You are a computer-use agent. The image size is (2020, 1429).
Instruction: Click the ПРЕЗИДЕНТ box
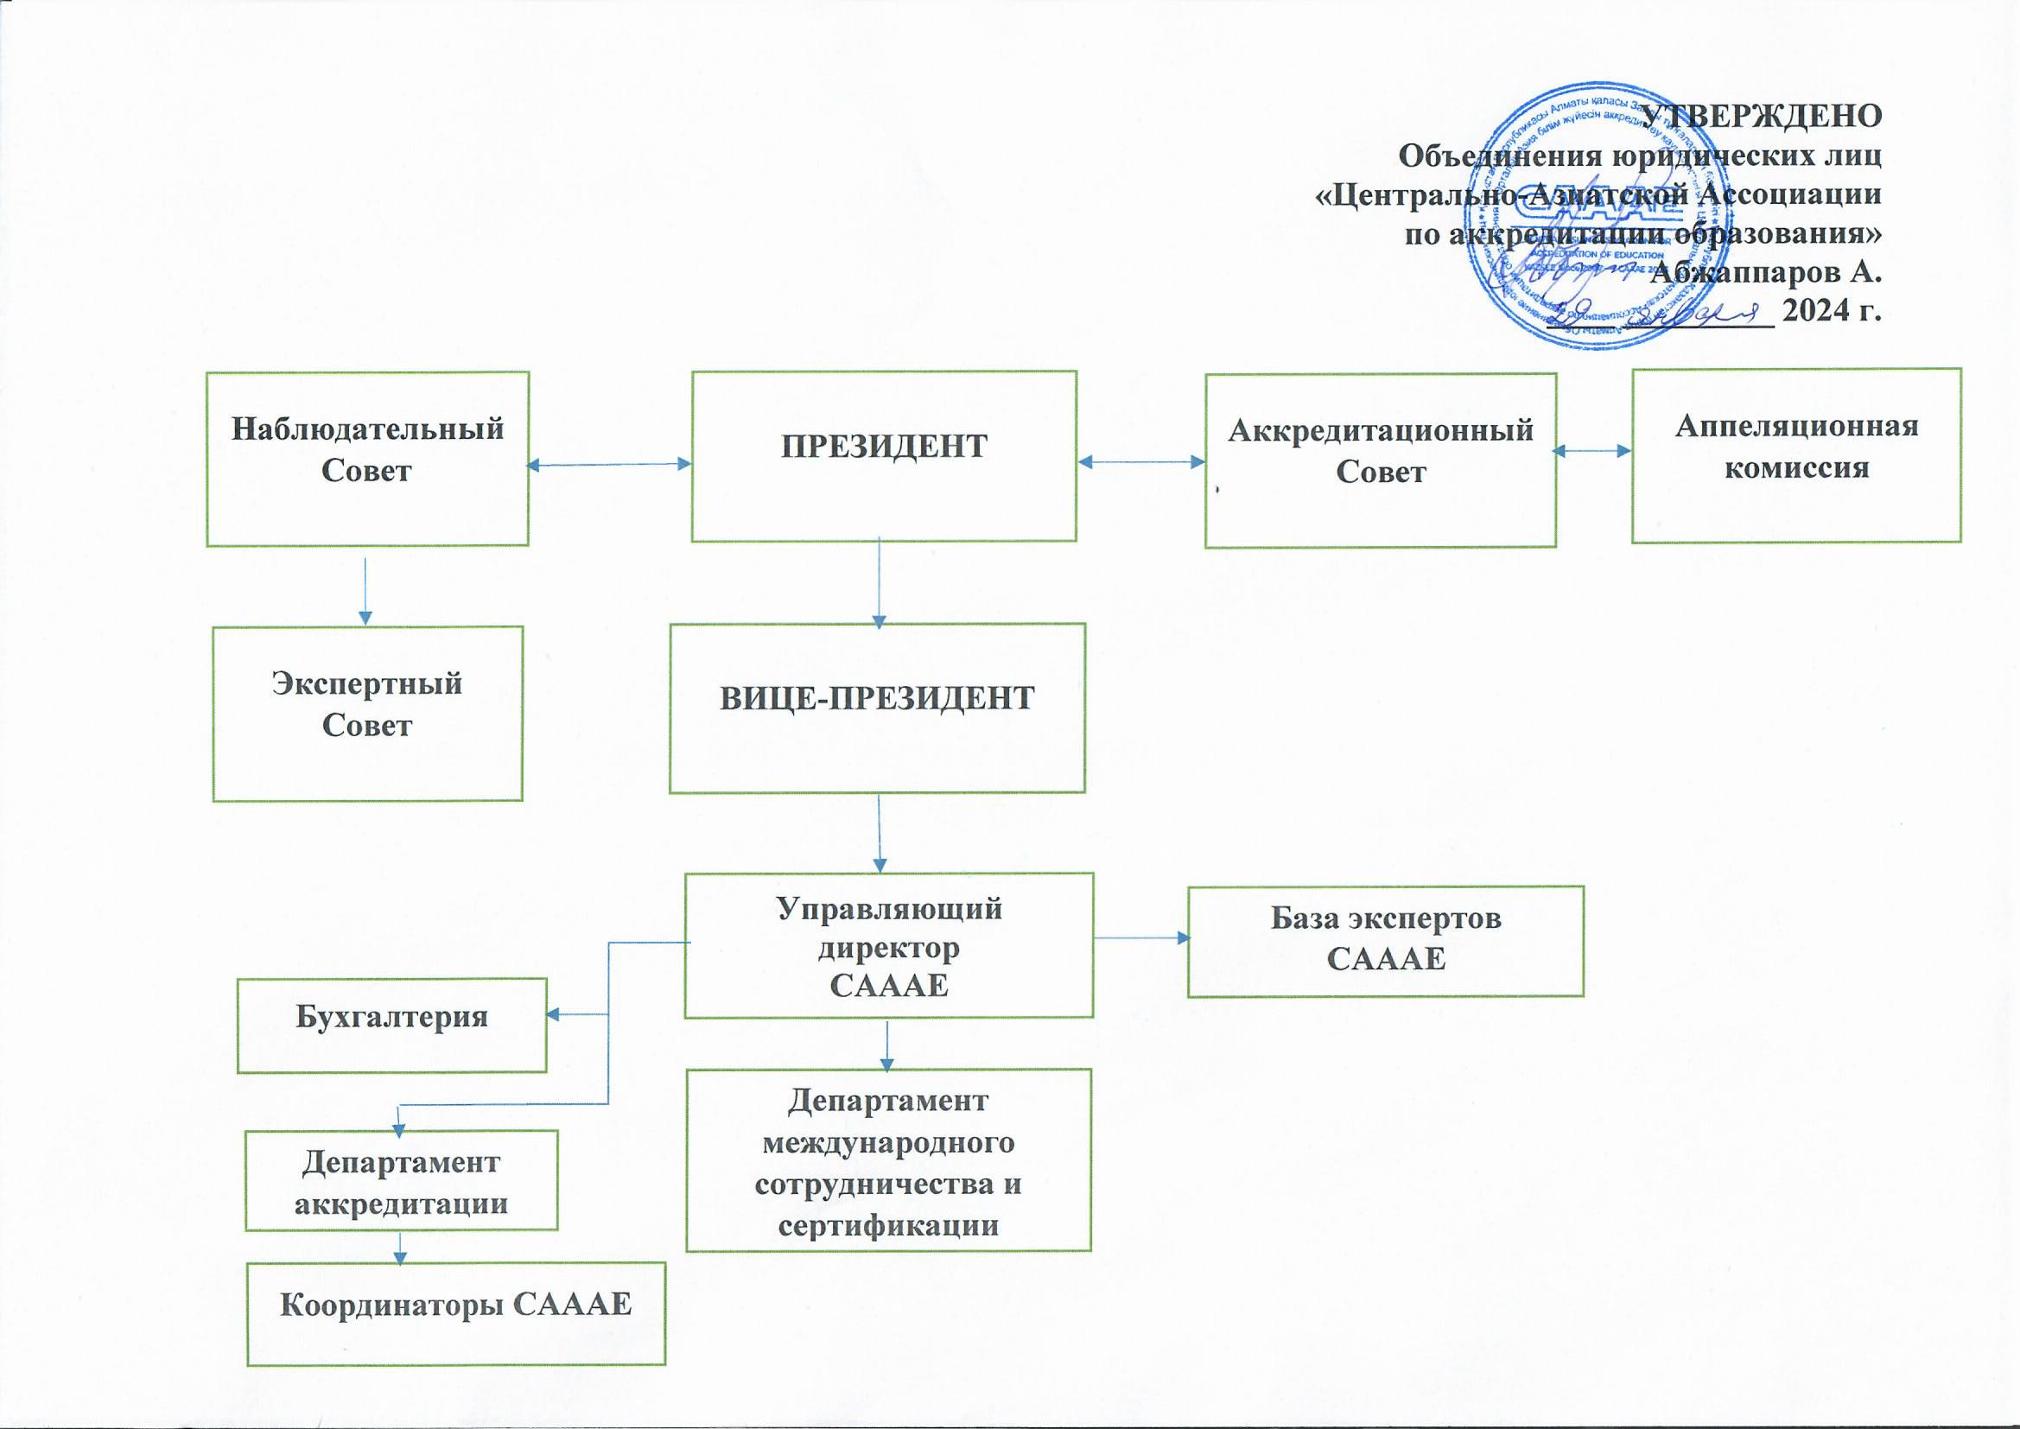click(883, 456)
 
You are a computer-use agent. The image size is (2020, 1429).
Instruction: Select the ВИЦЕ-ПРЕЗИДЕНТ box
click(876, 708)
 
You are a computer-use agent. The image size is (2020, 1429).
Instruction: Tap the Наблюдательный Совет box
click(368, 459)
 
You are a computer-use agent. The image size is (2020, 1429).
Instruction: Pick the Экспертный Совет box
click(368, 714)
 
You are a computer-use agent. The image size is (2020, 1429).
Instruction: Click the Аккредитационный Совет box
click(1380, 460)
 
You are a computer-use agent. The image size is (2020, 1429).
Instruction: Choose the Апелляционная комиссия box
click(1795, 455)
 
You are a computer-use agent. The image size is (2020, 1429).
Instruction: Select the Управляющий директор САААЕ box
click(888, 945)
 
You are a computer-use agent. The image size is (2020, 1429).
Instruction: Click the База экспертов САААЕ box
click(1385, 941)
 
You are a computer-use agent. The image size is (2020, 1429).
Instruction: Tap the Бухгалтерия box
click(391, 1026)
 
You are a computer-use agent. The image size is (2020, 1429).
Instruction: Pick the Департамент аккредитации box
click(401, 1180)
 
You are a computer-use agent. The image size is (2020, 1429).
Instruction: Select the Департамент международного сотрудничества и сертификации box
click(887, 1159)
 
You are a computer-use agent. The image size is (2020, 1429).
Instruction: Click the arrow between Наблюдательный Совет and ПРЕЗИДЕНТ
click(609, 465)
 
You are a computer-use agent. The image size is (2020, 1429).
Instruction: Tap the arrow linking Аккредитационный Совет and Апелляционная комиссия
click(1592, 450)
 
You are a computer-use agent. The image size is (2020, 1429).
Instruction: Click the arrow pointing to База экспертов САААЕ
click(1140, 938)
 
